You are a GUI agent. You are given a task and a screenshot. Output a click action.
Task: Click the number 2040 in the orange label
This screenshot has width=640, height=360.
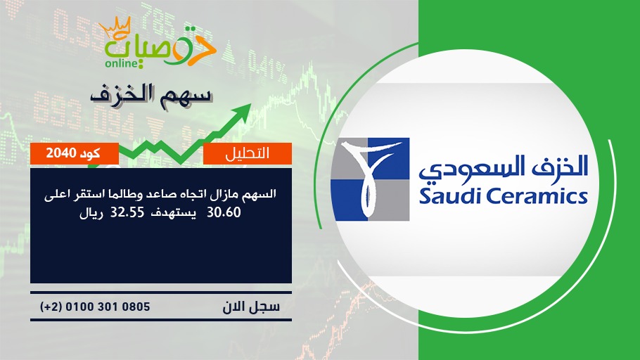tap(60, 153)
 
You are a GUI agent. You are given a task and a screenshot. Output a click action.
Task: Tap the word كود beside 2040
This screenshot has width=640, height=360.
tap(90, 153)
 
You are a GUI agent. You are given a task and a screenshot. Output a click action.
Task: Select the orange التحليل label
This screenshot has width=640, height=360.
tap(248, 153)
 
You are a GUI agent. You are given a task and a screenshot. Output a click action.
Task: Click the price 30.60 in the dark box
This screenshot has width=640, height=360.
tap(224, 212)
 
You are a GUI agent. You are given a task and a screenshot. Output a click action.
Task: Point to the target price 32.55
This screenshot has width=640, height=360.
tap(127, 212)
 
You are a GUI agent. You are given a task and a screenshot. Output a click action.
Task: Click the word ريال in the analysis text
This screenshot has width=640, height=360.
tap(91, 213)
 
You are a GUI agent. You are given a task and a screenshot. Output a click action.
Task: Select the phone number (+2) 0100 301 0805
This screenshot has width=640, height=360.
tap(95, 307)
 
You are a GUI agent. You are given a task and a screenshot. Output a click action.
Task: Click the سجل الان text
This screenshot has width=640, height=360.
tap(251, 307)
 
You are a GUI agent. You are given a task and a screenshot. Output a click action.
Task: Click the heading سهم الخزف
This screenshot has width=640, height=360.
tap(151, 95)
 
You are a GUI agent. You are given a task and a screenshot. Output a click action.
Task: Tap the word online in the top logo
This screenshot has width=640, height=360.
tap(122, 63)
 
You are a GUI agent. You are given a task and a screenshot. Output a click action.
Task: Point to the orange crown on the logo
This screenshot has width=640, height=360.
tap(115, 27)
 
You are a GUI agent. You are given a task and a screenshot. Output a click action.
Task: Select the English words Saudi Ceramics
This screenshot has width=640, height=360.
tap(503, 196)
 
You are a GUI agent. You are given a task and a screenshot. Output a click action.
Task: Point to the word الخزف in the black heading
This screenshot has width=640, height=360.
tap(123, 94)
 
